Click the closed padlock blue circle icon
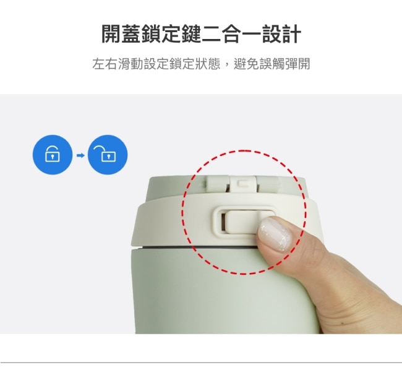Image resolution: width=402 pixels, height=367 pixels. click(53, 155)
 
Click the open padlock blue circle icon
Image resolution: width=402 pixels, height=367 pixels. click(108, 155)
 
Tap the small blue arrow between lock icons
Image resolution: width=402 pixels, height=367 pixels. click(80, 155)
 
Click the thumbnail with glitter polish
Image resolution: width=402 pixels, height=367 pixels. click(275, 235)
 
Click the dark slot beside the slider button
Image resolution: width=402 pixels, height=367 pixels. click(223, 222)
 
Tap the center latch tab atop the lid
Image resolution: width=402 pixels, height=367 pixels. click(243, 184)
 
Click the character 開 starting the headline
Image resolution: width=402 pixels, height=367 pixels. click(111, 34)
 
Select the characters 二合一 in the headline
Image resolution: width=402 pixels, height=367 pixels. click(231, 34)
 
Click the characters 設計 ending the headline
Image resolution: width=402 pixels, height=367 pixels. click(281, 34)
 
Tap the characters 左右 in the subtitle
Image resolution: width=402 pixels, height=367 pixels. click(105, 64)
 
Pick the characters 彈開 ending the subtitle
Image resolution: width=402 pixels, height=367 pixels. click(297, 64)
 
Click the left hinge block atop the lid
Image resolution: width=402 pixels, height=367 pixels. click(218, 184)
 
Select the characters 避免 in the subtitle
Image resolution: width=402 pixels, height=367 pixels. click(246, 64)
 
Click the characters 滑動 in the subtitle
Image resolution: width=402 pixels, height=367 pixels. click(130, 64)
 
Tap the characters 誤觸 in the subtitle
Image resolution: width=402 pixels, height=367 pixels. click(272, 64)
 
